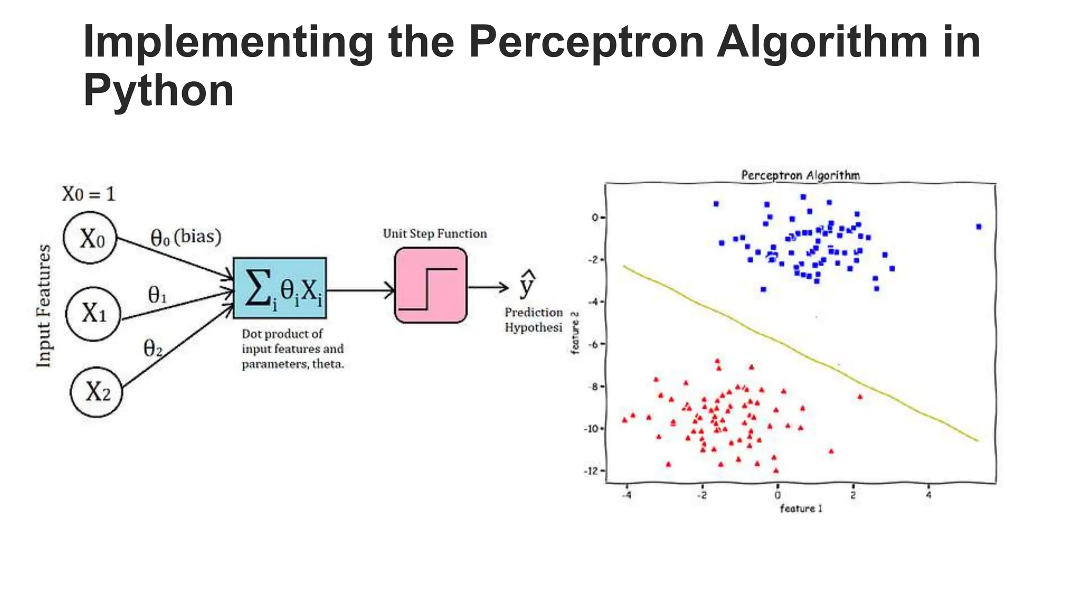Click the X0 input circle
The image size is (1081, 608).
pyautogui.click(x=90, y=238)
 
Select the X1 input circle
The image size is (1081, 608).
pyautogui.click(x=94, y=314)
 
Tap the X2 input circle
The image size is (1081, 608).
pyautogui.click(x=97, y=392)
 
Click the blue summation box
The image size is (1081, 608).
pyautogui.click(x=280, y=288)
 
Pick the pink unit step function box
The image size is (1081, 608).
pyautogui.click(x=431, y=286)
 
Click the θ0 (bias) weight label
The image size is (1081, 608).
pyautogui.click(x=186, y=237)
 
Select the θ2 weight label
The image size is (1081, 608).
pyautogui.click(x=153, y=348)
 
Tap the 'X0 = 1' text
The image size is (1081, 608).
pyautogui.click(x=89, y=194)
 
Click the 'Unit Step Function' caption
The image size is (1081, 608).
pyautogui.click(x=434, y=233)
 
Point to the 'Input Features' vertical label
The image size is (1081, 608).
pyautogui.click(x=44, y=306)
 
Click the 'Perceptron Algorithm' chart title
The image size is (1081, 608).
pyautogui.click(x=800, y=175)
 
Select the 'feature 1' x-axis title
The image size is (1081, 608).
pyautogui.click(x=801, y=508)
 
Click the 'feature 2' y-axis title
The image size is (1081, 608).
pyautogui.click(x=575, y=333)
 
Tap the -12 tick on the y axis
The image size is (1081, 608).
pyautogui.click(x=592, y=471)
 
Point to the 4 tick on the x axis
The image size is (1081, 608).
pyautogui.click(x=928, y=495)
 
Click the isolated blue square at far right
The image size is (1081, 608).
pyautogui.click(x=979, y=226)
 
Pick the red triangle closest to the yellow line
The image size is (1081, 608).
pyautogui.click(x=860, y=396)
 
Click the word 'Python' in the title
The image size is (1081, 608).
pyautogui.click(x=158, y=90)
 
